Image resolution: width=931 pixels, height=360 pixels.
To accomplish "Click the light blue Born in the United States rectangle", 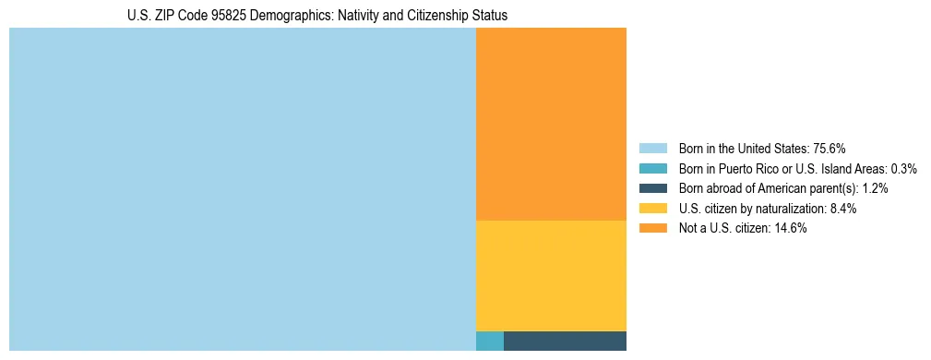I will [242, 189].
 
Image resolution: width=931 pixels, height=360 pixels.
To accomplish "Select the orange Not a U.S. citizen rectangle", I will [551, 124].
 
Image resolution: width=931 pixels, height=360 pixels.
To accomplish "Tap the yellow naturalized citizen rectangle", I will [551, 275].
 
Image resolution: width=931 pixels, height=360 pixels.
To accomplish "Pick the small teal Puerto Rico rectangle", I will [489, 341].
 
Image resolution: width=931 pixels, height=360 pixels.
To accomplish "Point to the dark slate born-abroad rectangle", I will [565, 341].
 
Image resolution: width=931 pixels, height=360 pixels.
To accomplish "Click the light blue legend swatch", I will [652, 149].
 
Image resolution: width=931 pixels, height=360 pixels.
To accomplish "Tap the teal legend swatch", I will [652, 169].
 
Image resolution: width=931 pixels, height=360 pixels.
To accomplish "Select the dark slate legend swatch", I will [652, 188].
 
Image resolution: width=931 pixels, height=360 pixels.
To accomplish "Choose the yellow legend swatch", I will [652, 209].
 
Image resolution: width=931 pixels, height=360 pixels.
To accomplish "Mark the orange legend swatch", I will [652, 229].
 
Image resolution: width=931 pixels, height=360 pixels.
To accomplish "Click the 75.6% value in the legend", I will [830, 149].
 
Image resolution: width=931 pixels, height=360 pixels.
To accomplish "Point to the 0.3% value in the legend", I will [903, 169].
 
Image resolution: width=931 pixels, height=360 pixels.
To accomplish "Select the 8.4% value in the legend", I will [843, 209].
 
